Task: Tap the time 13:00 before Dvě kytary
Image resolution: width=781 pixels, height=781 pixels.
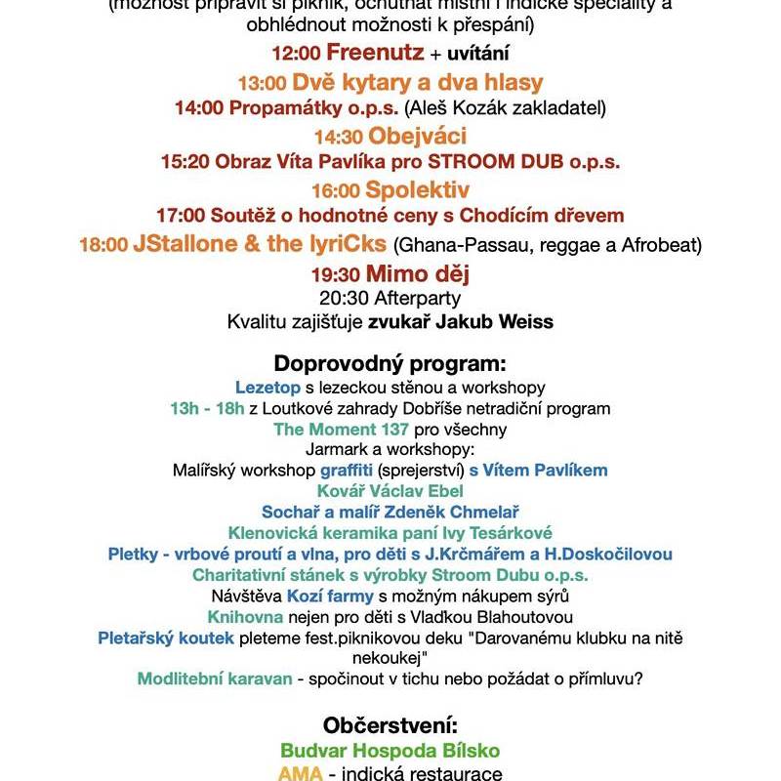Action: (263, 83)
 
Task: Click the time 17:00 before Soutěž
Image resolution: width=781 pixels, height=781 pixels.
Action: (179, 215)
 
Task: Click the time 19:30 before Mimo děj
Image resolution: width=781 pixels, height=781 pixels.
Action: (336, 274)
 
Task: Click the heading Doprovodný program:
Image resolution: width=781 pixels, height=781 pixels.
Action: (390, 364)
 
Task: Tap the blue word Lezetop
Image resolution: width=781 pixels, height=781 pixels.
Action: (267, 387)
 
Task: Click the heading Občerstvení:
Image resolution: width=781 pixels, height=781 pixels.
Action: (390, 726)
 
